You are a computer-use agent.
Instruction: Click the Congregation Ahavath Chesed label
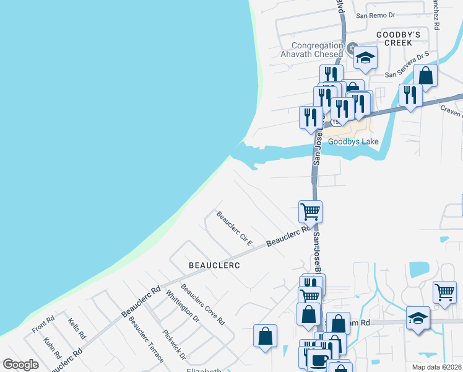[317, 50]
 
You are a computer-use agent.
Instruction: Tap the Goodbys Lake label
[353, 141]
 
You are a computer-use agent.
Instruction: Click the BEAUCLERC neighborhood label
[214, 265]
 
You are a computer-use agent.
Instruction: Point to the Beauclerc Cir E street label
[234, 228]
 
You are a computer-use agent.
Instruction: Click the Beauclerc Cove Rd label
[202, 304]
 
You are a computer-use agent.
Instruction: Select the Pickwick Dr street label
[174, 343]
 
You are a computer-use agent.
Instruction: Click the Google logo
[20, 365]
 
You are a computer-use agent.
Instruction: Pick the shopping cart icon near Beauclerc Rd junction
[310, 211]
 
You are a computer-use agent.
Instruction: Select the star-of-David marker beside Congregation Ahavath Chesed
[353, 48]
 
